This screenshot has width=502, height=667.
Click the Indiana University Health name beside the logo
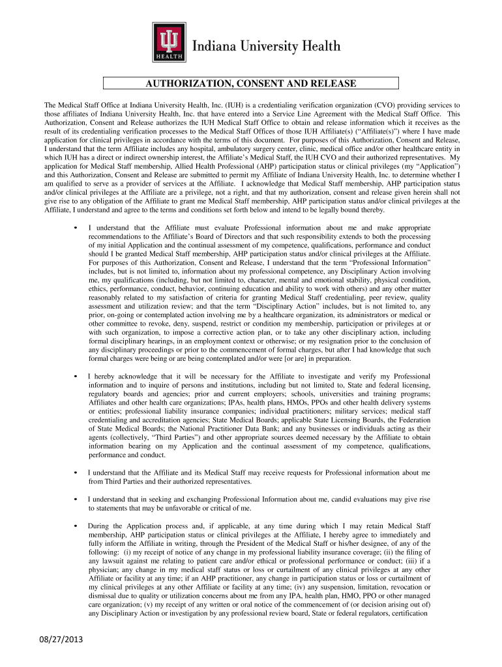click(266, 46)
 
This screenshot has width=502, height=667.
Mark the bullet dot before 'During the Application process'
click(77, 526)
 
